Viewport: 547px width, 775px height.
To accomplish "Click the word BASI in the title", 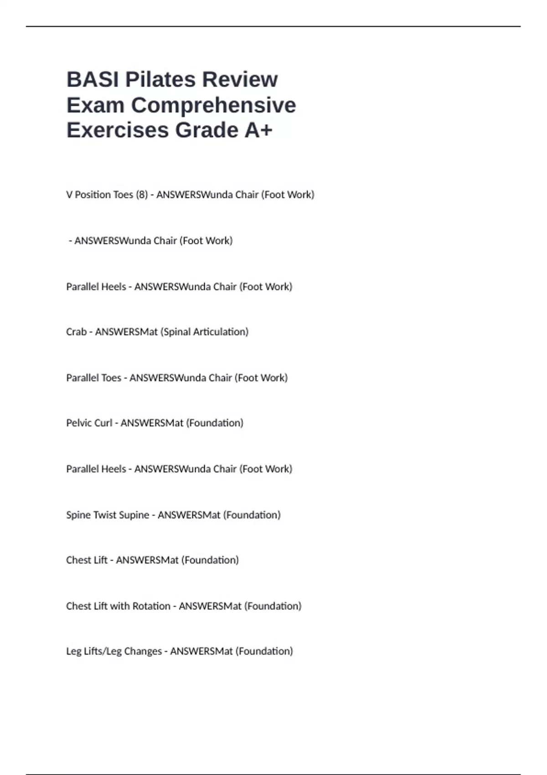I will pos(93,80).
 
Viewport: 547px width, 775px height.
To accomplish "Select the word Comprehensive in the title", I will pos(213,105).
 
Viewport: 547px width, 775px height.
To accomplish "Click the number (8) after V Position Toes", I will pos(142,195).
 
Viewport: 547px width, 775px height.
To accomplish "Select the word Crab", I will pos(76,332).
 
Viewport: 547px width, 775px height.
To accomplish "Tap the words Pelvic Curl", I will pos(89,423).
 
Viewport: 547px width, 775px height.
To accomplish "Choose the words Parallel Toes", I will pos(93,378).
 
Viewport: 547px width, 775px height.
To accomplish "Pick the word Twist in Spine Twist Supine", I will pos(105,515).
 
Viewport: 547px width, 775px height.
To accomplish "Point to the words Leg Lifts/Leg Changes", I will pos(114,651).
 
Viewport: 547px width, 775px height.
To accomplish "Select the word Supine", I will pos(134,515).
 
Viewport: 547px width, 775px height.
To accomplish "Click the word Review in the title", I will pos(240,80).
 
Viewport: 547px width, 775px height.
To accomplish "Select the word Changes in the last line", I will pos(143,651).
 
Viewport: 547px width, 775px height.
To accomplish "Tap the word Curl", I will pos(103,423).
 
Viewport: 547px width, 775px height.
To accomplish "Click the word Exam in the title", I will pos(95,105).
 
